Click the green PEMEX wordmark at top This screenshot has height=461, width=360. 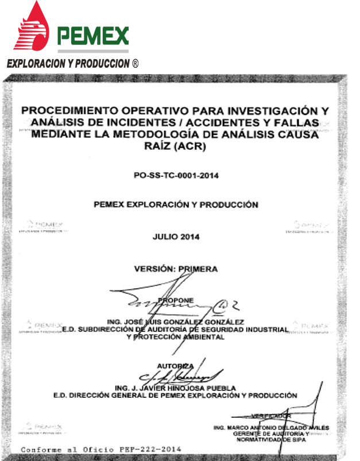coord(93,37)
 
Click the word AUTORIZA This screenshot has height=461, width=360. coord(175,366)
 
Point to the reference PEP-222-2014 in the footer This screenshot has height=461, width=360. coord(154,448)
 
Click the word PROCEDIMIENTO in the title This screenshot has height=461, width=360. coord(81,109)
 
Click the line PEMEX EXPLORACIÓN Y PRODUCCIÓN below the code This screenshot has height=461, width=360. coord(176,204)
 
